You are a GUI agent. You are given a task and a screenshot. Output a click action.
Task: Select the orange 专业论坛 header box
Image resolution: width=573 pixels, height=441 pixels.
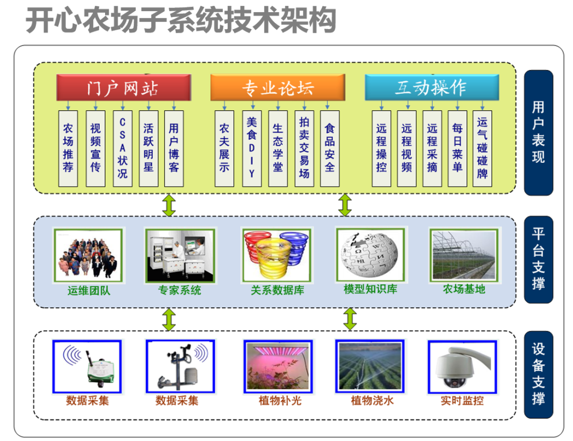(277, 87)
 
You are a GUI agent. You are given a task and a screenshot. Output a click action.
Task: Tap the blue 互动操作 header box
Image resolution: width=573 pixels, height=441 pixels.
(431, 87)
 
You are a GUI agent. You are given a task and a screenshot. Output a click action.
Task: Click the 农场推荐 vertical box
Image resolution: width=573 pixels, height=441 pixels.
(68, 148)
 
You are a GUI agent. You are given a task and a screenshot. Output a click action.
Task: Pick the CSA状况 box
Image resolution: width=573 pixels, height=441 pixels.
(123, 148)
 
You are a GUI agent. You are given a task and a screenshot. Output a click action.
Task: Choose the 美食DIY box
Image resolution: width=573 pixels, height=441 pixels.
(251, 148)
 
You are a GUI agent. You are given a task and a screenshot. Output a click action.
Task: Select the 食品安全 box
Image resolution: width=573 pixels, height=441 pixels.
(329, 148)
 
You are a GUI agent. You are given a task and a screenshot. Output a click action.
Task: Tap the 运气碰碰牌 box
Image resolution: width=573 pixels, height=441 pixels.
(482, 148)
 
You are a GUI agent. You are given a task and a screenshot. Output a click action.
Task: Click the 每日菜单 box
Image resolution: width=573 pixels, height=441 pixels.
(457, 148)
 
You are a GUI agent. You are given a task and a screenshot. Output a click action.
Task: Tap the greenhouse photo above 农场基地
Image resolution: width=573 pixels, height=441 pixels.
(464, 255)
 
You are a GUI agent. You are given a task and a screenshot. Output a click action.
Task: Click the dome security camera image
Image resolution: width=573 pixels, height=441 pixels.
(461, 366)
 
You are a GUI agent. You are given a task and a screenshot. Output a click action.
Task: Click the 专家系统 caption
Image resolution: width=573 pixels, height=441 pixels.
(180, 290)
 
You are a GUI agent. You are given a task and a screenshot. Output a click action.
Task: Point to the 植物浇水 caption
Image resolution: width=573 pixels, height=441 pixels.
(372, 401)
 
